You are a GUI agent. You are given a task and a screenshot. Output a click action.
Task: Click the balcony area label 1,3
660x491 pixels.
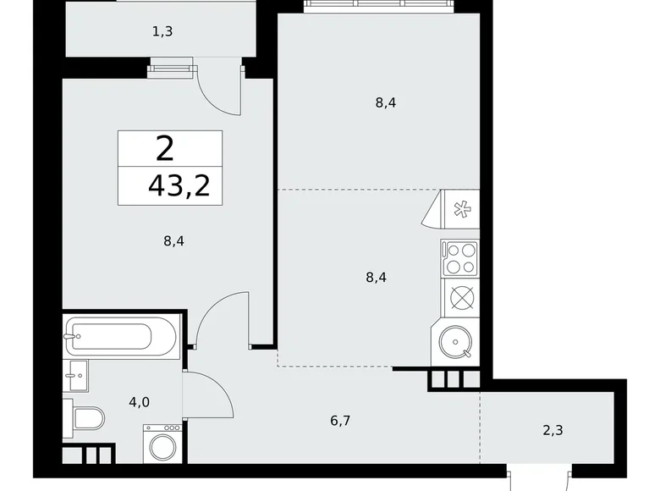click(x=162, y=32)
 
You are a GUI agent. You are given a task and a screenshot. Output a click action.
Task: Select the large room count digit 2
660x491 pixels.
click(x=165, y=149)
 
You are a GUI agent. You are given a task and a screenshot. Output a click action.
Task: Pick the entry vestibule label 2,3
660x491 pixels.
click(x=553, y=429)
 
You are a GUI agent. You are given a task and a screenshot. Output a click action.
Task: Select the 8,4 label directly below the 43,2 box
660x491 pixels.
click(x=173, y=240)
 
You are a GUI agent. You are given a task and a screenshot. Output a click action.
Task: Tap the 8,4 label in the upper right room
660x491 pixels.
click(x=386, y=103)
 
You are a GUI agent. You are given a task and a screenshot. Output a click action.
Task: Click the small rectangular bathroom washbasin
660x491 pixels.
click(x=74, y=375)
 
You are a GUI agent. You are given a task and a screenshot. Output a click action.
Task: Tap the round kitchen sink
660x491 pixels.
click(x=458, y=343)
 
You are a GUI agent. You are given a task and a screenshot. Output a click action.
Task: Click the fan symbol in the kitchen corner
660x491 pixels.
click(x=463, y=208)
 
